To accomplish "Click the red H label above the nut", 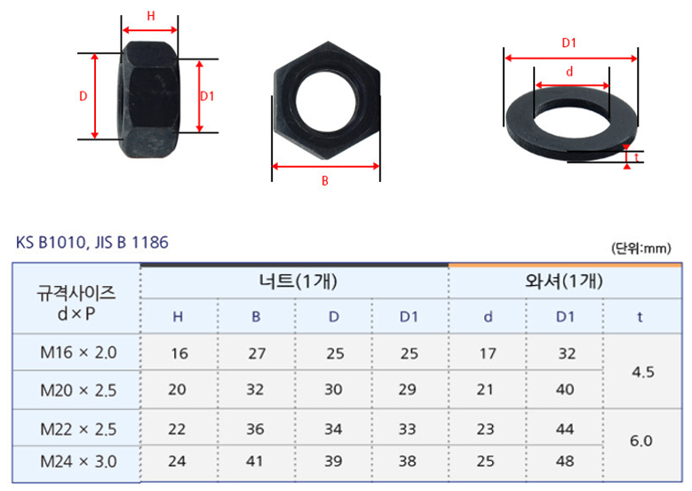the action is tap(151, 16).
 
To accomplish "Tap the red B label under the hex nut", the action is tap(325, 181).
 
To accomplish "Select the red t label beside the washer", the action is tap(636, 157).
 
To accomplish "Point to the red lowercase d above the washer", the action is tap(569, 71).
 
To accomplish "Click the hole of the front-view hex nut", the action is tap(326, 101).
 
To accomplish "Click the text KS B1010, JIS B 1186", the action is tap(92, 242).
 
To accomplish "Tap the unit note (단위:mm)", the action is tap(641, 249).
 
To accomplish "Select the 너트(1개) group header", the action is tap(298, 281).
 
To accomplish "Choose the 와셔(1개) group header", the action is tap(564, 281).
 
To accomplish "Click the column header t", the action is tap(640, 317).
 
